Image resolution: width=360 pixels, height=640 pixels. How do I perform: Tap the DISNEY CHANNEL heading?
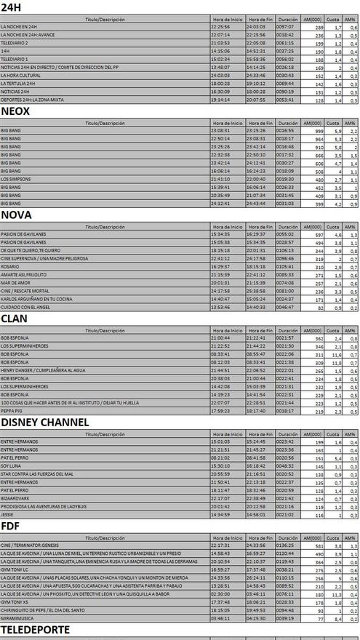tap(45, 422)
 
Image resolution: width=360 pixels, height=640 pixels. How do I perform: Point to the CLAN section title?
tap(15, 319)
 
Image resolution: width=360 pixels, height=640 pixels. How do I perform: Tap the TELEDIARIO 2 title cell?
tap(15, 43)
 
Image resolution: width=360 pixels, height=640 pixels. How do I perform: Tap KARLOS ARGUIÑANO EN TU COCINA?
tap(36, 298)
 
